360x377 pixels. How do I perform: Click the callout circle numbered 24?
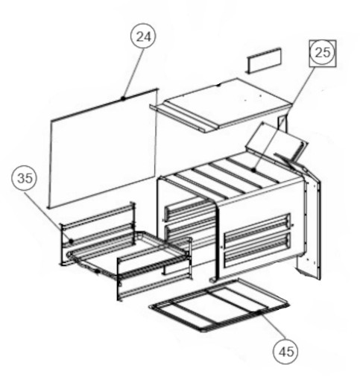143,37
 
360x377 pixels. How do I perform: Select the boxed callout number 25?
323,53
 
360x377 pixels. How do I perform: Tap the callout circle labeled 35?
25,178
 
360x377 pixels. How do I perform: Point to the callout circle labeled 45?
285,352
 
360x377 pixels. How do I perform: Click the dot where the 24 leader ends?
123,98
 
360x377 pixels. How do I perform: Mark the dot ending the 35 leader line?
71,241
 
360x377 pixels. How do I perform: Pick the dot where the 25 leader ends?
253,170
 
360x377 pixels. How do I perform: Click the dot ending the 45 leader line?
259,311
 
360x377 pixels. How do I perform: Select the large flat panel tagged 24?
102,148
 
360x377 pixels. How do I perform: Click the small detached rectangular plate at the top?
264,60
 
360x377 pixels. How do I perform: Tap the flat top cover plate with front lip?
221,106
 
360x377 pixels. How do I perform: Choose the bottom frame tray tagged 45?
219,305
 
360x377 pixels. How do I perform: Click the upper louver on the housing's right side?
257,229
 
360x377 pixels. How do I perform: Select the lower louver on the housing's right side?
257,250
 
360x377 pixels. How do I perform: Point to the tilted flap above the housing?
276,140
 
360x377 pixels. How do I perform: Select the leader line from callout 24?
133,73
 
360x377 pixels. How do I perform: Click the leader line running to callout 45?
272,326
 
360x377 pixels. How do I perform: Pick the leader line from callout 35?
48,216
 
